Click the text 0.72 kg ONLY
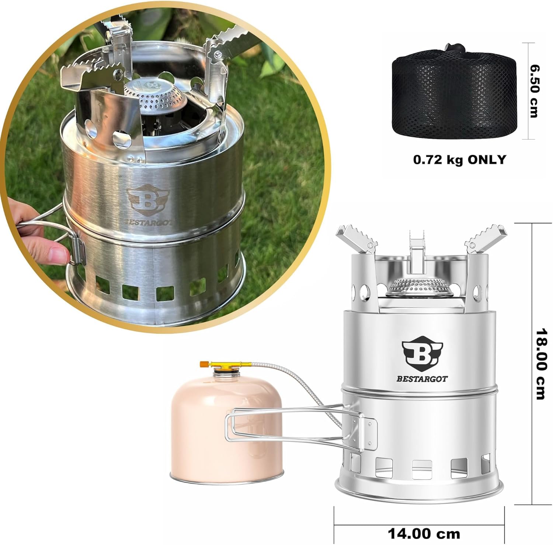460,159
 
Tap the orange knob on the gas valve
204,364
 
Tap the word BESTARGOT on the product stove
422,378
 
